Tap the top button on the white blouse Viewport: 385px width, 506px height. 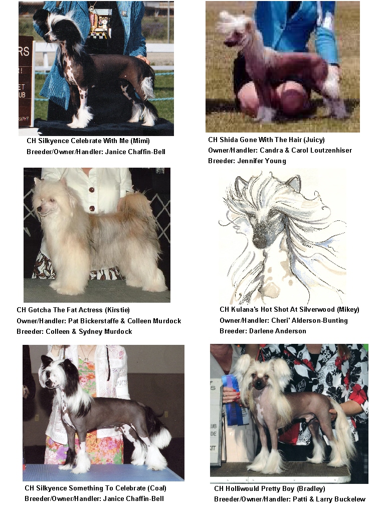coord(92,190)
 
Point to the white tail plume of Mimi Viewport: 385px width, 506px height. coord(148,87)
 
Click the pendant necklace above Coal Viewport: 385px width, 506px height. coord(86,358)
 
